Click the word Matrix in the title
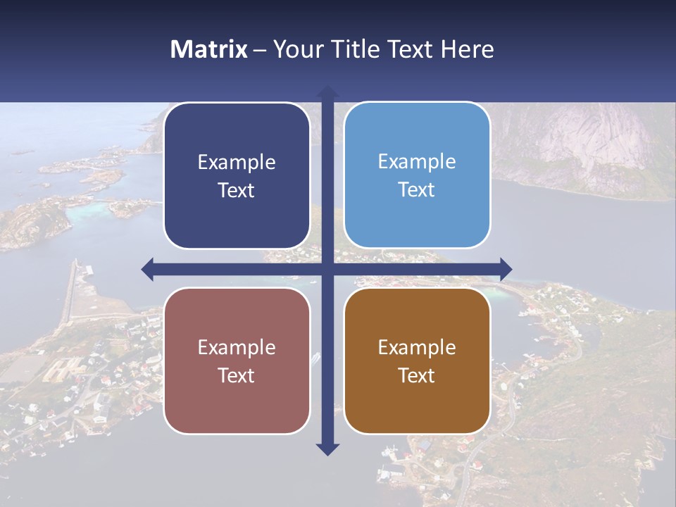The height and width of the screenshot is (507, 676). pyautogui.click(x=208, y=49)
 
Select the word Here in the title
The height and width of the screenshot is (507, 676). pyautogui.click(x=467, y=49)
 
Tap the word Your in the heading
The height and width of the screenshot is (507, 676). pyautogui.click(x=296, y=49)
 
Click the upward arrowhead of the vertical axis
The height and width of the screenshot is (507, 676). pyautogui.click(x=327, y=92)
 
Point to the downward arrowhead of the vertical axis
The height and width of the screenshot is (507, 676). pyautogui.click(x=327, y=449)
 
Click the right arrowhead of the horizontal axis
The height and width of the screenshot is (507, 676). pyautogui.click(x=506, y=269)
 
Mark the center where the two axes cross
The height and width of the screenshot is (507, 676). pyautogui.click(x=327, y=269)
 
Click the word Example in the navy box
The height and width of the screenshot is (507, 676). pyautogui.click(x=237, y=163)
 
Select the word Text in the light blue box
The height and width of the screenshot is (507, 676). pyautogui.click(x=417, y=190)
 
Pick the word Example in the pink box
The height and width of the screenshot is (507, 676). pyautogui.click(x=237, y=348)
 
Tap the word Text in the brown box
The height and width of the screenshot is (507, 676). pyautogui.click(x=417, y=376)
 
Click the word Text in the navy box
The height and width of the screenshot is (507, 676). pyautogui.click(x=237, y=191)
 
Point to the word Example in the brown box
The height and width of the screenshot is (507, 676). pyautogui.click(x=417, y=348)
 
